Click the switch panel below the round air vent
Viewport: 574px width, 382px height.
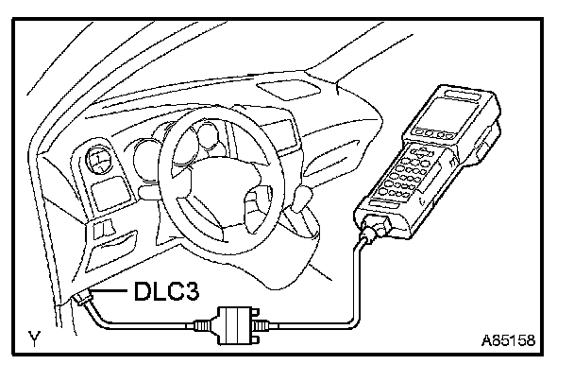click(x=98, y=198)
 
